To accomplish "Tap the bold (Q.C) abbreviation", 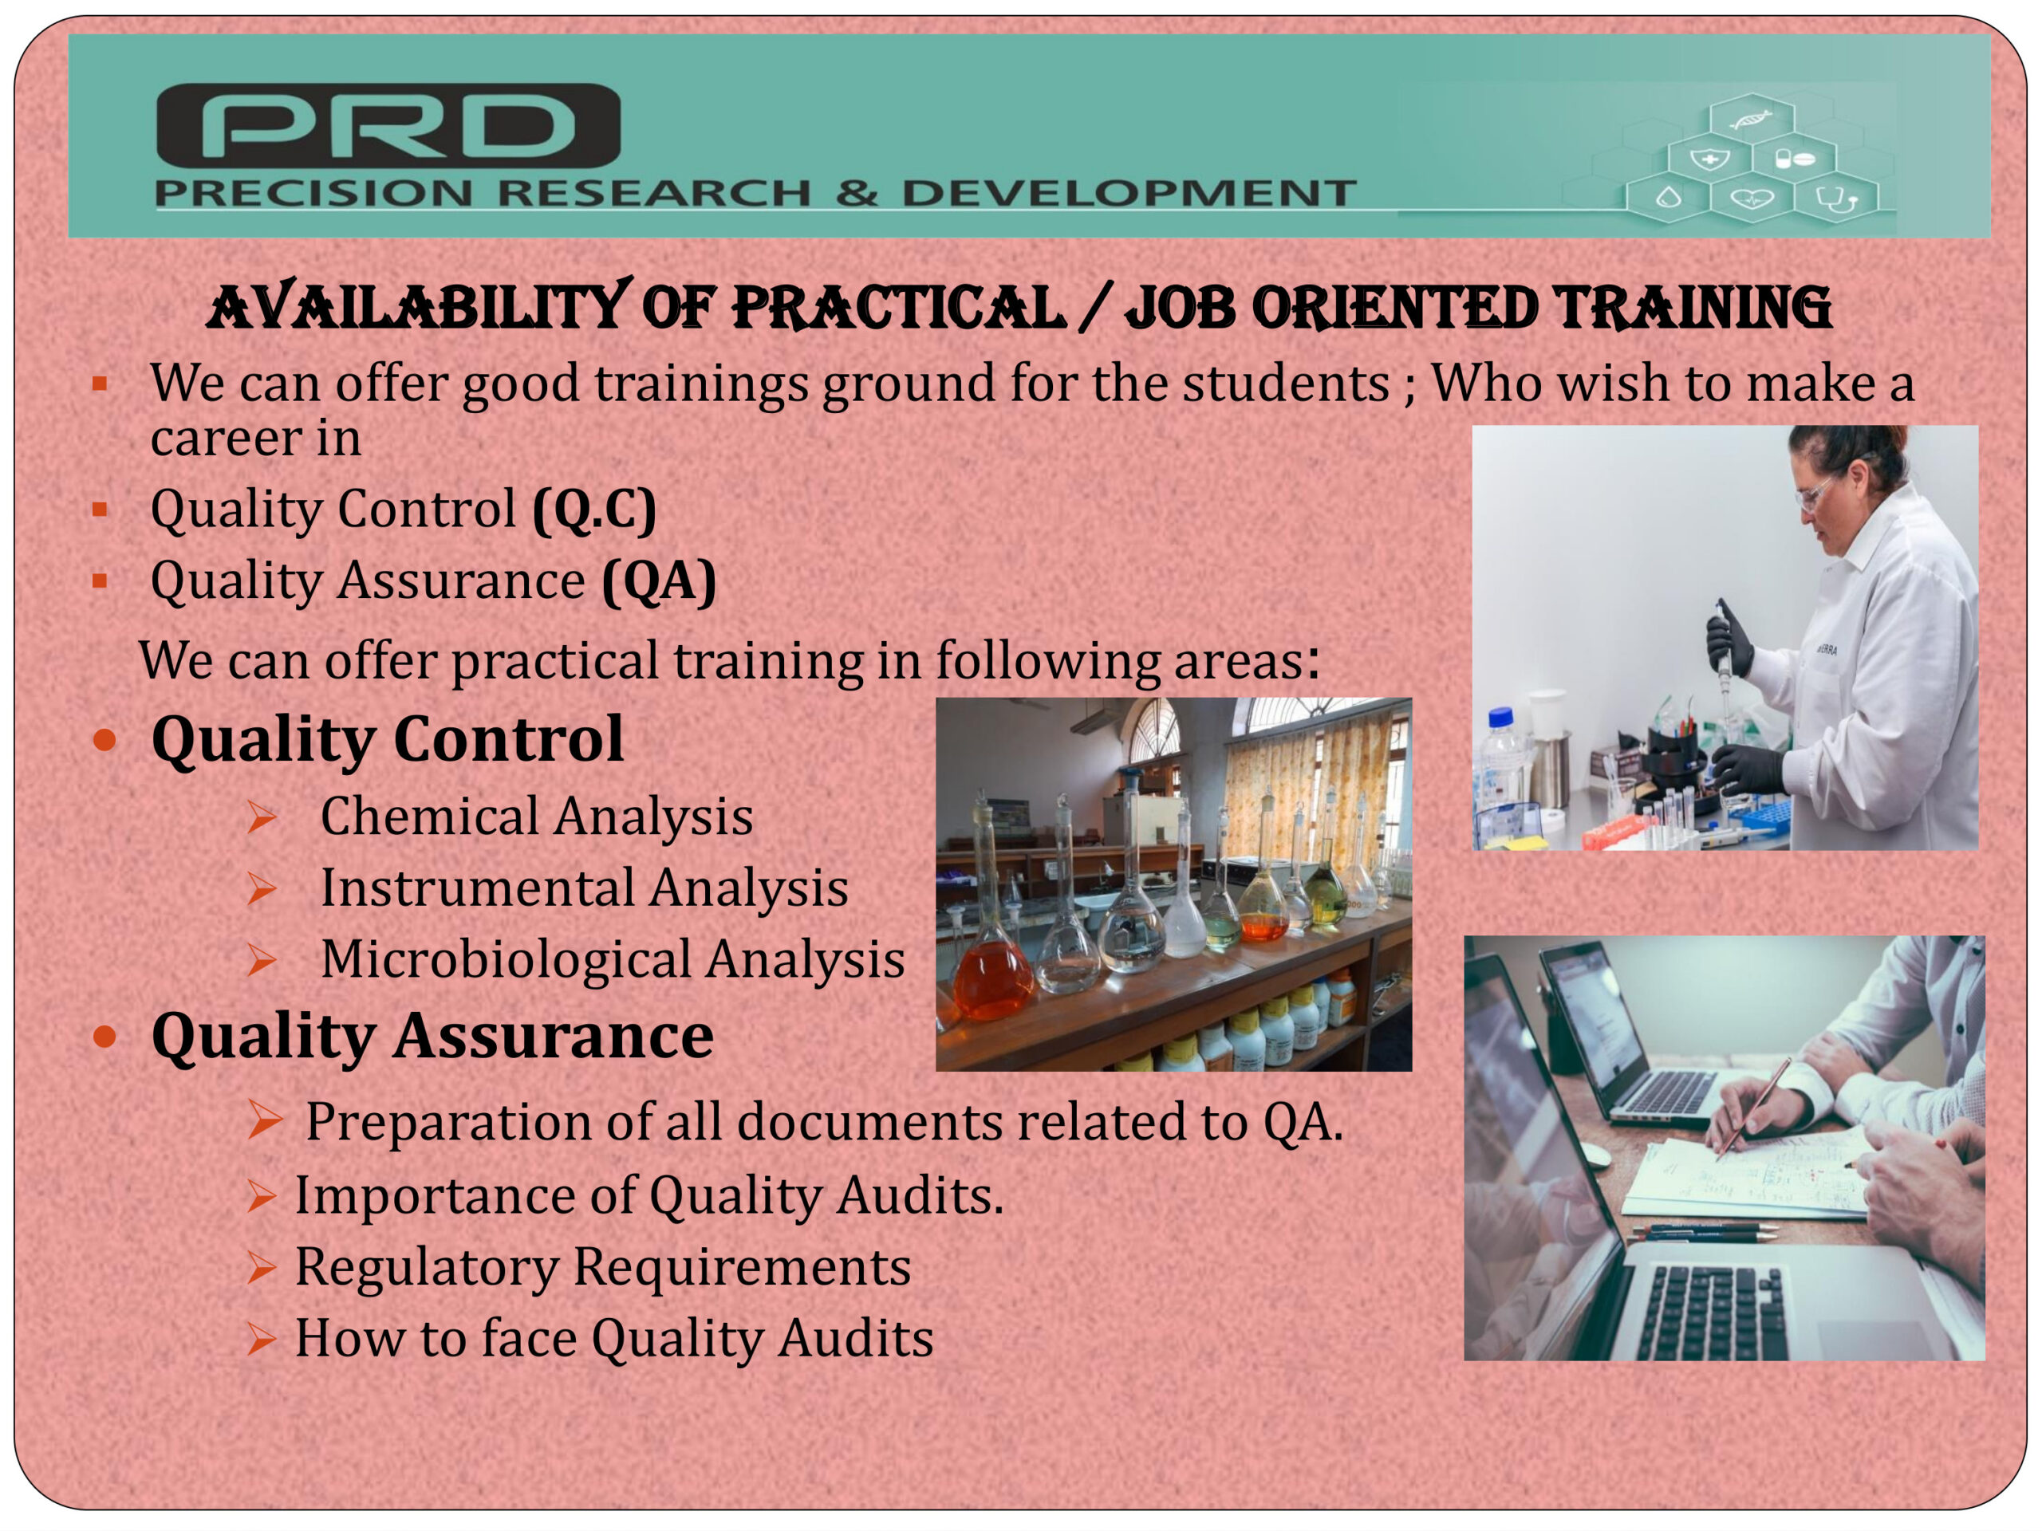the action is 594,509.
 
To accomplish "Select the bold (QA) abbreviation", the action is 659,581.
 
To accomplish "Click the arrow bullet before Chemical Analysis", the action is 262,817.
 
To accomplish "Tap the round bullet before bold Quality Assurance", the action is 105,1037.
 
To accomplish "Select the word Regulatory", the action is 427,1268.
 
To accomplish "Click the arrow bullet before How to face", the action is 262,1339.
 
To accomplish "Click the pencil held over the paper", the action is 1752,1108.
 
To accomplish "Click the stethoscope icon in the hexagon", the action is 1835,198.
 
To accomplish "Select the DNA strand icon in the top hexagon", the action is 1750,119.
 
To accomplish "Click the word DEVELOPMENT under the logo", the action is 1128,194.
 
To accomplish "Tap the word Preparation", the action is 448,1123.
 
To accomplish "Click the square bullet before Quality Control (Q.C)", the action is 100,509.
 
